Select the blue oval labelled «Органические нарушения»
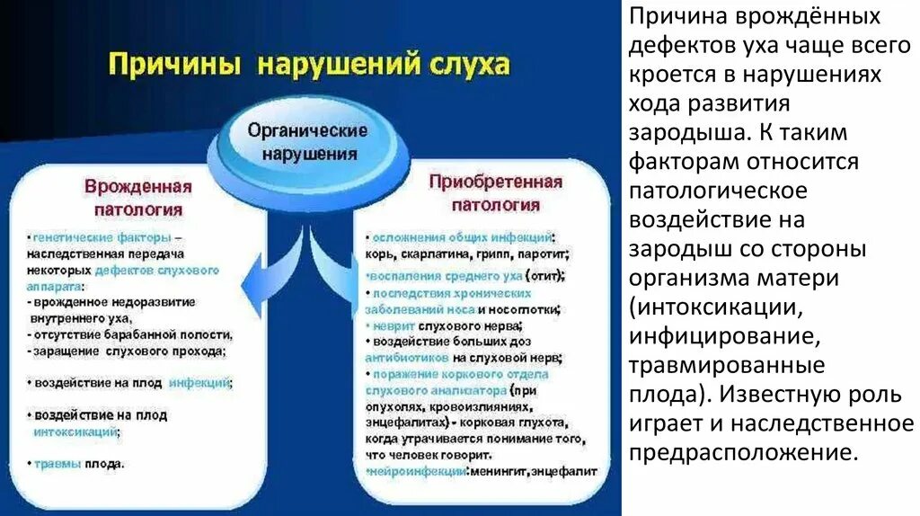click(308, 142)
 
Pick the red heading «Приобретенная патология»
click(495, 193)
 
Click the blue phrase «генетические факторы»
click(100, 238)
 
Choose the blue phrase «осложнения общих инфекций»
click(463, 236)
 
